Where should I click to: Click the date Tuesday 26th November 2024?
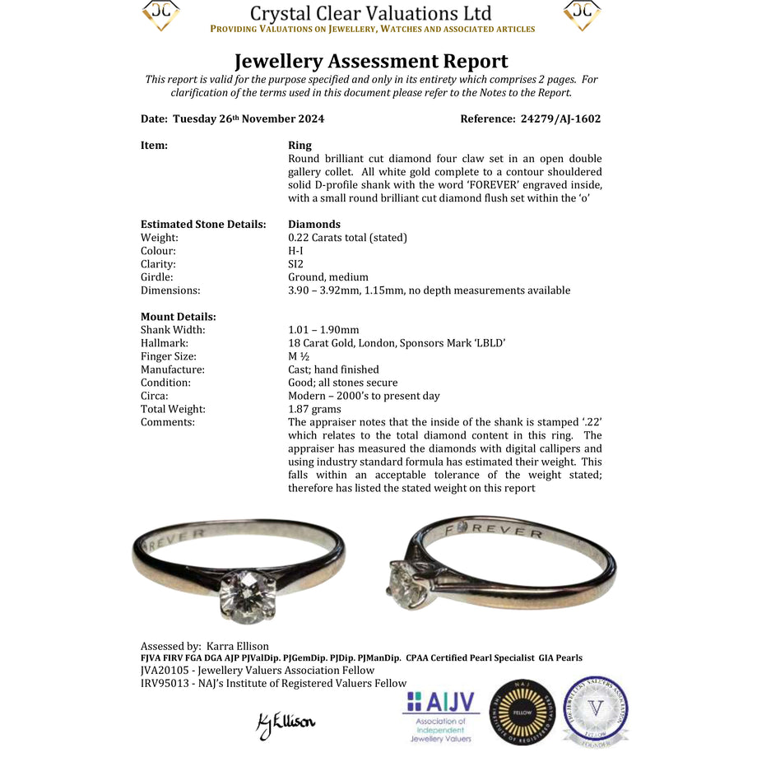pos(248,118)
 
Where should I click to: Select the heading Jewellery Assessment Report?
pos(371,62)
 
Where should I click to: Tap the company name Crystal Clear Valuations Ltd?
pos(370,13)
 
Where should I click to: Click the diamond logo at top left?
pos(161,14)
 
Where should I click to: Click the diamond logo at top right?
pos(582,14)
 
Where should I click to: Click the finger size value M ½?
pos(300,356)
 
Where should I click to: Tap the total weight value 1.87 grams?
pos(315,409)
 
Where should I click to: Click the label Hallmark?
pos(165,343)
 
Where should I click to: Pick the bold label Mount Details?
pos(179,317)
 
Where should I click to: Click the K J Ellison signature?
pos(286,724)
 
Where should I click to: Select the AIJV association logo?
pos(441,714)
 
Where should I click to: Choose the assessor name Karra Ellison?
pos(238,646)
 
